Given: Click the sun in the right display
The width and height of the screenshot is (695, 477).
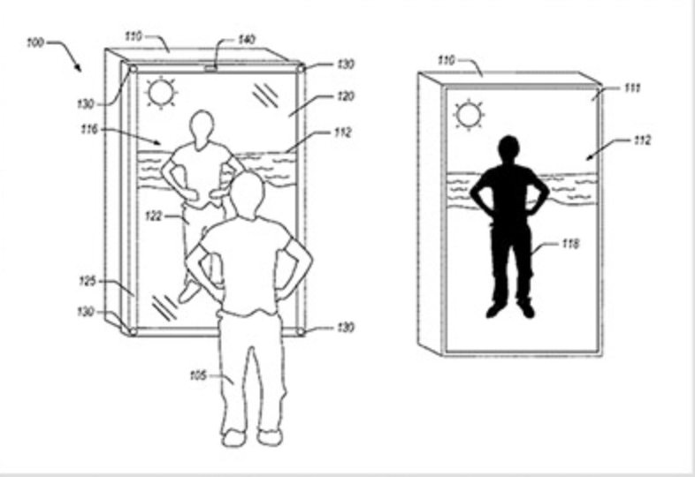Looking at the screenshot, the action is tap(467, 114).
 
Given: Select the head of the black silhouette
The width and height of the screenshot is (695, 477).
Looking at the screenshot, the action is tap(508, 149).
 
